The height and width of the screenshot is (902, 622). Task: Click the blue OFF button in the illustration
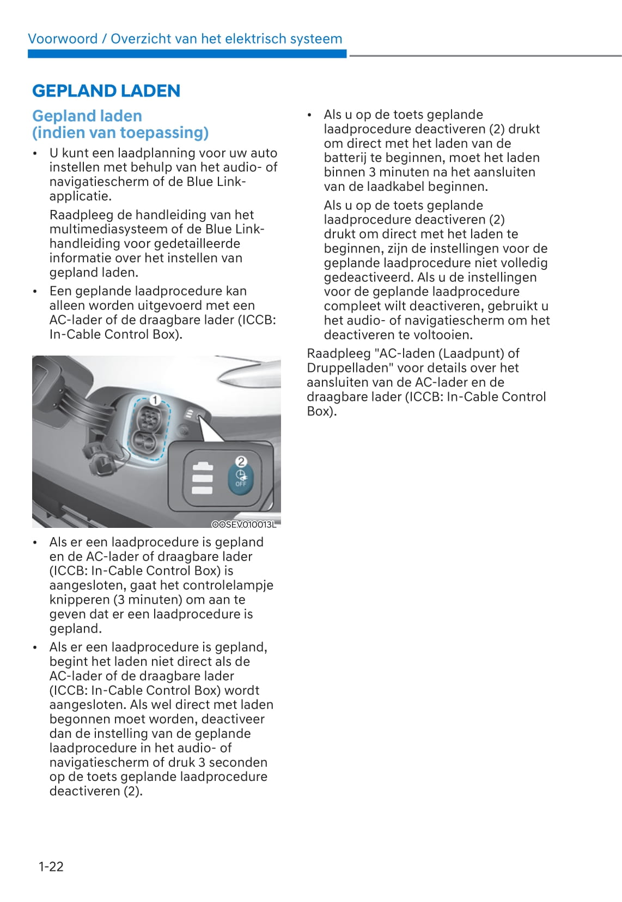click(241, 476)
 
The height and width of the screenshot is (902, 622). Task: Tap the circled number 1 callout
click(155, 400)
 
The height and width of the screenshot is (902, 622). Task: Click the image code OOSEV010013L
click(244, 524)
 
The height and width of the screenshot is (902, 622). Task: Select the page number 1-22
click(51, 866)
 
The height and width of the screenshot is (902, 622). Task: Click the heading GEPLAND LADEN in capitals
click(106, 91)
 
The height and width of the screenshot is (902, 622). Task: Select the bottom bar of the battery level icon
click(202, 490)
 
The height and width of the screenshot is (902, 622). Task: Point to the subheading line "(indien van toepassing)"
click(120, 133)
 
